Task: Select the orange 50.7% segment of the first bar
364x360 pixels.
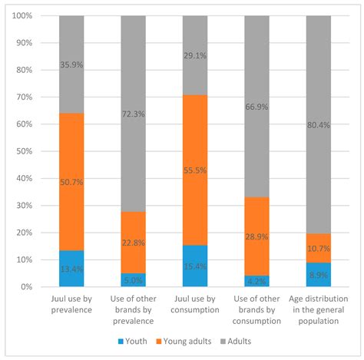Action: pyautogui.click(x=71, y=182)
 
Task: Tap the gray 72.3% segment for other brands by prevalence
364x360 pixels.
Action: pyautogui.click(x=133, y=114)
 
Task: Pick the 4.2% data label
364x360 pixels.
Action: pyautogui.click(x=256, y=280)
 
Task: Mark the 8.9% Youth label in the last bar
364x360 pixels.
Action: pyautogui.click(x=318, y=274)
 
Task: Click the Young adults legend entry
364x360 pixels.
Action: pyautogui.click(x=191, y=340)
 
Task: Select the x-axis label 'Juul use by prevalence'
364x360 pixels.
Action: pyautogui.click(x=71, y=304)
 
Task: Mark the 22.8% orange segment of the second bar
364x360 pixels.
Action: pyautogui.click(x=133, y=243)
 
